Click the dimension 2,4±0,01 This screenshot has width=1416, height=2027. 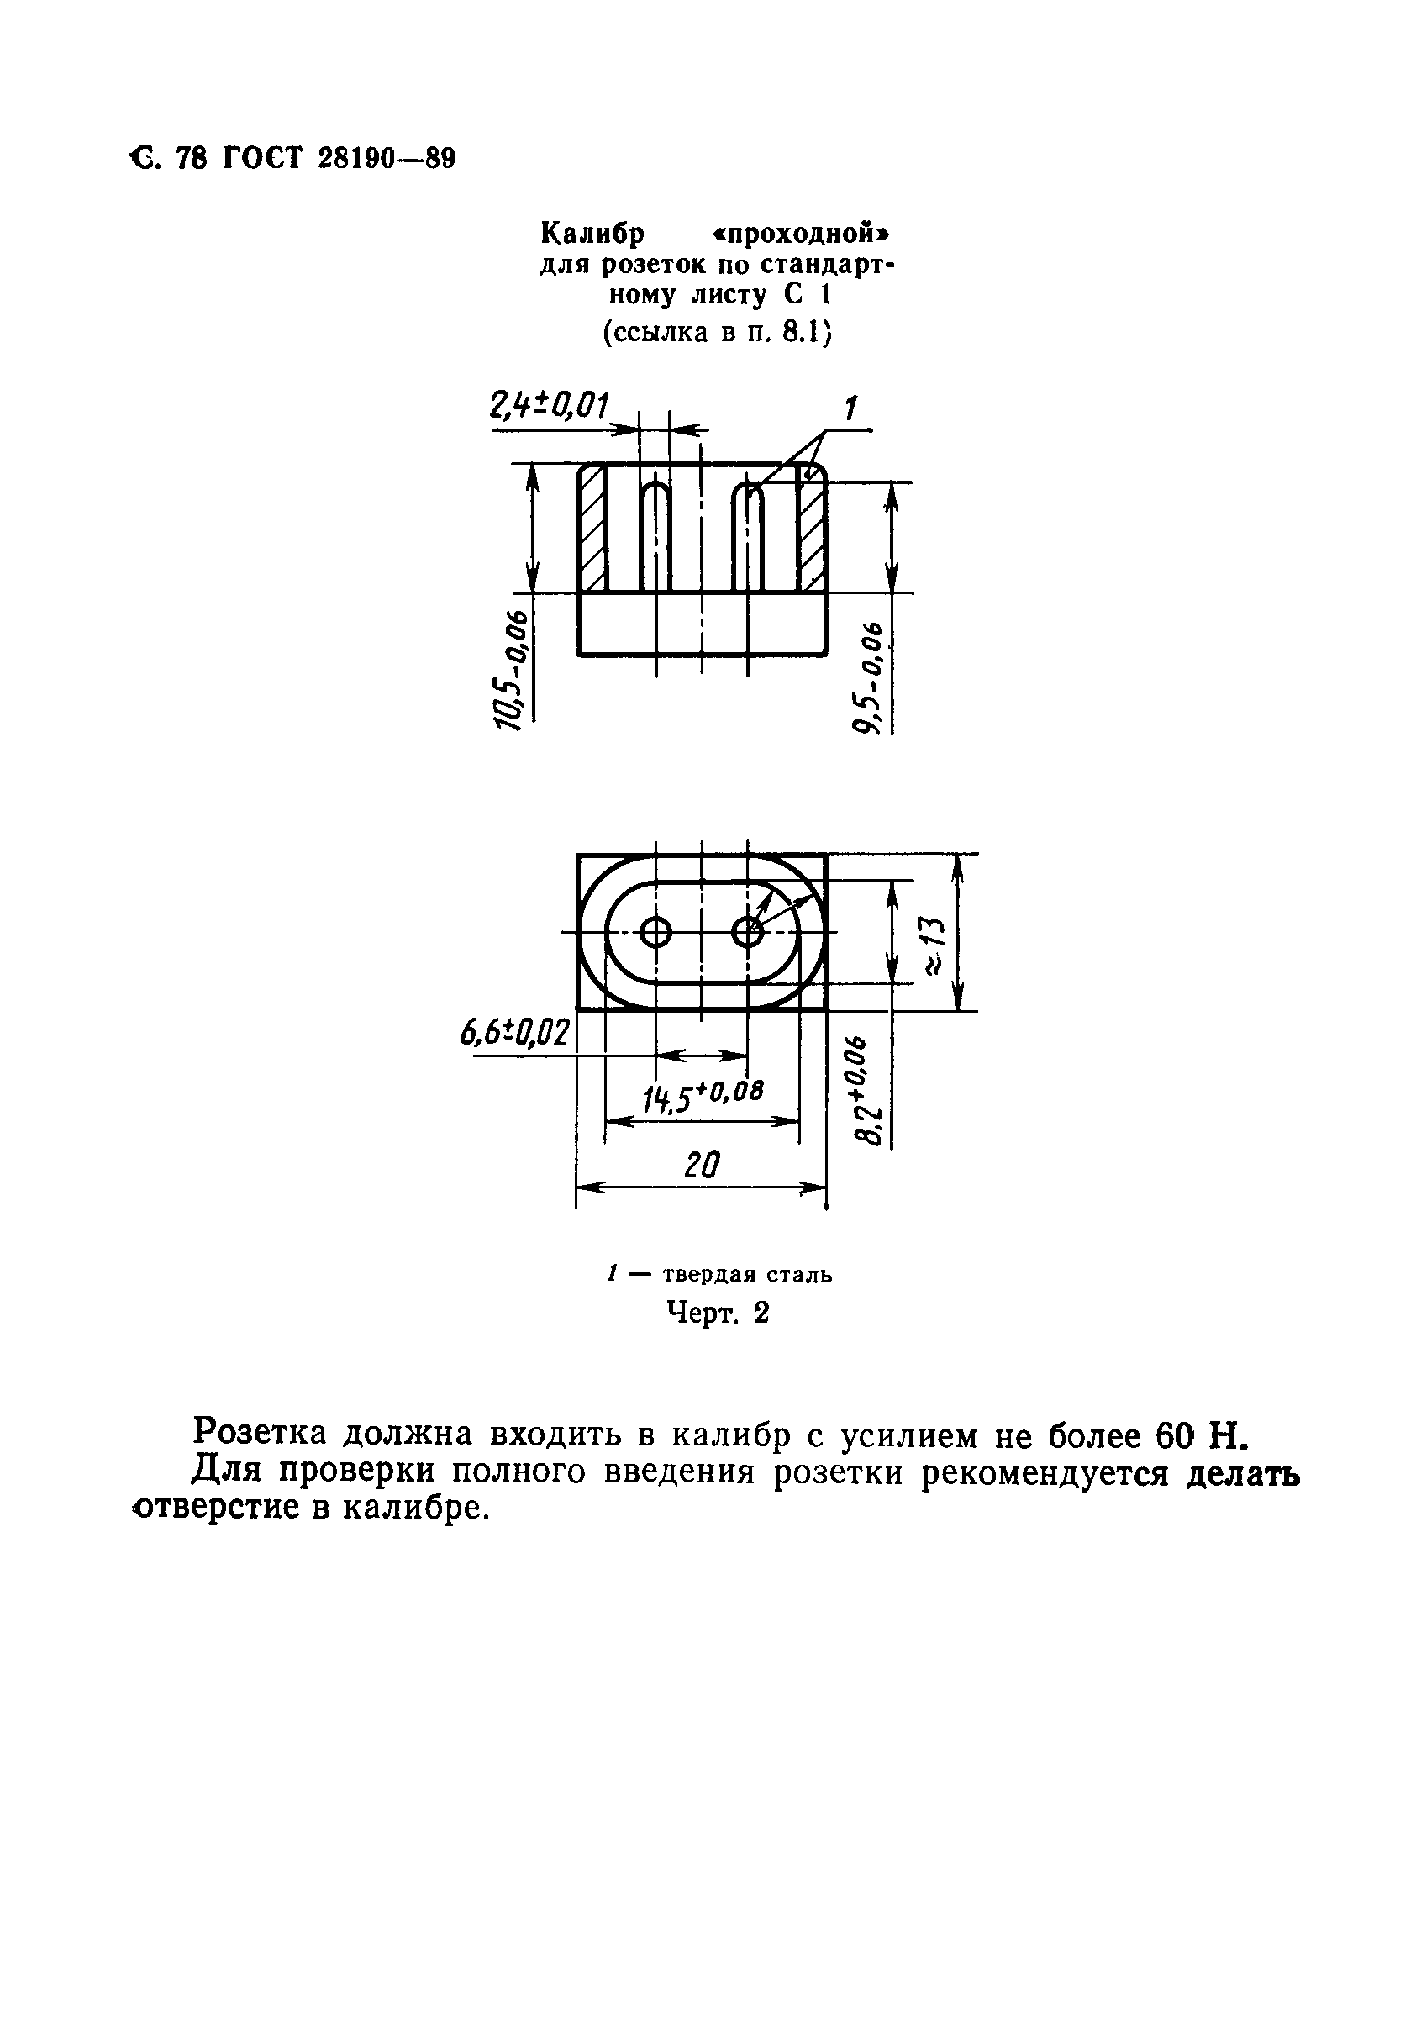(549, 407)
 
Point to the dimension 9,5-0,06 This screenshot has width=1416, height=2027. (869, 677)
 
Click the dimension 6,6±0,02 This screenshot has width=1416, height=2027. (514, 1034)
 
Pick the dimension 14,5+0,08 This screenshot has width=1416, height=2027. (702, 1097)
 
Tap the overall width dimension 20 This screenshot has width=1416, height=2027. (702, 1166)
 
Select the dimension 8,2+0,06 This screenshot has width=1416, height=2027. (870, 1091)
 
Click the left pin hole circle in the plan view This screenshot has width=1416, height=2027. (656, 931)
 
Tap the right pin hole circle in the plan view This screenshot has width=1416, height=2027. (749, 931)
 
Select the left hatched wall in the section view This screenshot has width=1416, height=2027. (592, 528)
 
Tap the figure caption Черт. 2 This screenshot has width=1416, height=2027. (717, 1313)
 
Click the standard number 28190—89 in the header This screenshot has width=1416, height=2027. (385, 159)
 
